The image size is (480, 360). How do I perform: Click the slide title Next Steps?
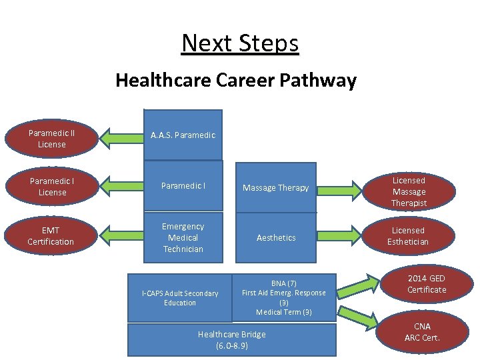click(240, 43)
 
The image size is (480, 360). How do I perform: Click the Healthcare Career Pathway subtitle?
click(236, 81)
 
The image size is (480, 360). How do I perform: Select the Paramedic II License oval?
click(52, 139)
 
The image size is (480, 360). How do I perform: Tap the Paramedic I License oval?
click(52, 187)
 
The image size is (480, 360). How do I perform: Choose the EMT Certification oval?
click(51, 236)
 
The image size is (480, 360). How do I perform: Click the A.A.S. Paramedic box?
click(183, 135)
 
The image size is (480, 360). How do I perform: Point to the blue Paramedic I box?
click(183, 187)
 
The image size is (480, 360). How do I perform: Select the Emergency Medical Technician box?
click(183, 238)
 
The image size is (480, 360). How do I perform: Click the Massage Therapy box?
click(275, 188)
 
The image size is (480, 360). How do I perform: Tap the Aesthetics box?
click(275, 238)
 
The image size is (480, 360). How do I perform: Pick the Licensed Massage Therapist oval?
click(409, 191)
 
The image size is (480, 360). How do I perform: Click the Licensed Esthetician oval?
click(408, 236)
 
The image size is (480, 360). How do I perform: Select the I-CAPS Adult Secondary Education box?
click(180, 298)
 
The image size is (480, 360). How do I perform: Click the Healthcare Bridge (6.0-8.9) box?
click(232, 340)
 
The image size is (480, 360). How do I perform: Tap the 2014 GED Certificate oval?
click(427, 284)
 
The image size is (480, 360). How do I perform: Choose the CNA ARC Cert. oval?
click(423, 331)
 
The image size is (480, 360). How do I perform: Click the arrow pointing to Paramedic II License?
click(122, 138)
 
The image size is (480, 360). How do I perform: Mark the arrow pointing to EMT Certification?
click(122, 237)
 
